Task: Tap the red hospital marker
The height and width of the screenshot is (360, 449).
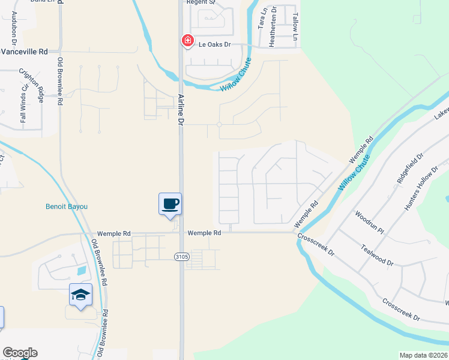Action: (x=187, y=41)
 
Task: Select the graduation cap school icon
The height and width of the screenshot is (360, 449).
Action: (x=80, y=294)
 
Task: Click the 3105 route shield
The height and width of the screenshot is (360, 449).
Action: (x=182, y=256)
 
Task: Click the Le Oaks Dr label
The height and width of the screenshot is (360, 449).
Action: (x=215, y=44)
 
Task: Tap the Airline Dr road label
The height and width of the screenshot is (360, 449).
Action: (x=180, y=109)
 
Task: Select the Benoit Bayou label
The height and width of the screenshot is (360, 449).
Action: (x=67, y=206)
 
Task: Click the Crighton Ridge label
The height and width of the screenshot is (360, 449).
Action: (x=32, y=85)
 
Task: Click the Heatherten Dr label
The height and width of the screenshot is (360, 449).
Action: (x=274, y=19)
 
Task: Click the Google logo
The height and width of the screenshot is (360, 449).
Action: (x=19, y=353)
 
